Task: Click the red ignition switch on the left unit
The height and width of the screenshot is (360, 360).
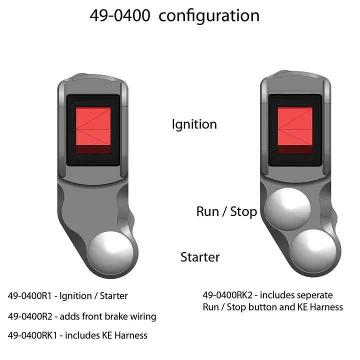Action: pyautogui.click(x=93, y=128)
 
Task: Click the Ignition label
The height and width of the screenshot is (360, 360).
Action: pyautogui.click(x=194, y=124)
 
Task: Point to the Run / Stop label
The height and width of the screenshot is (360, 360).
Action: pyautogui.click(x=226, y=211)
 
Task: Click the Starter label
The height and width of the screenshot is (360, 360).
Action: pyautogui.click(x=200, y=257)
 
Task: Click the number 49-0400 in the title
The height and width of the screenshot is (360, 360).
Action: pyautogui.click(x=120, y=15)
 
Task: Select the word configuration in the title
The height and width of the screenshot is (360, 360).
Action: pyautogui.click(x=209, y=16)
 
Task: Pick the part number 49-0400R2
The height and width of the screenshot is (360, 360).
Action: pyautogui.click(x=31, y=316)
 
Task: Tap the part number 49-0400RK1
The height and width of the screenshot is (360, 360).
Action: pyautogui.click(x=33, y=335)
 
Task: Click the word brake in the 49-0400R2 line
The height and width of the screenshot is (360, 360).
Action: pyautogui.click(x=117, y=316)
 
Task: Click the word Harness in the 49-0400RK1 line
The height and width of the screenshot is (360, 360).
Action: pyautogui.click(x=130, y=335)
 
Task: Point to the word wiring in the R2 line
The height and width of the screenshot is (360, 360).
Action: pyautogui.click(x=143, y=317)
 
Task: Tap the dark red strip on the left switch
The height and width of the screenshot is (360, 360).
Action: pyautogui.click(x=93, y=149)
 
